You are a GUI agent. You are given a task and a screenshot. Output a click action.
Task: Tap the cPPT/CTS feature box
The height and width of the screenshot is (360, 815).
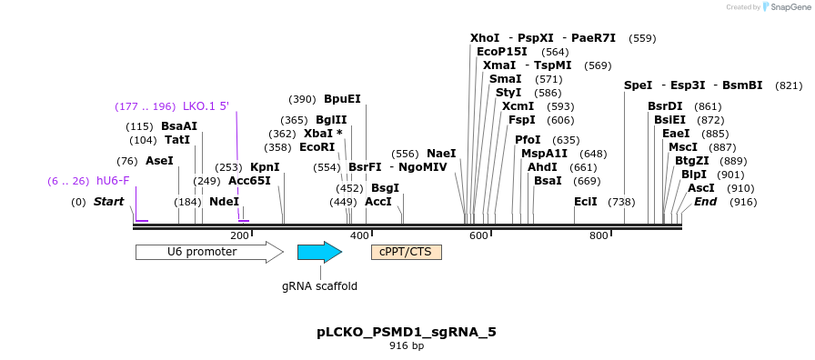pyautogui.click(x=406, y=252)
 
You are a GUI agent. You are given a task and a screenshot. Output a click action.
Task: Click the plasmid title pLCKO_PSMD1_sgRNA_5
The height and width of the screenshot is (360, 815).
pyautogui.click(x=407, y=332)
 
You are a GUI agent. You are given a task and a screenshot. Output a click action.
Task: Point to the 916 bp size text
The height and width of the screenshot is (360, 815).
pyautogui.click(x=407, y=346)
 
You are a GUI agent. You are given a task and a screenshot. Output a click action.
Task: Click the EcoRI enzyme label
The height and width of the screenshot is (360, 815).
pyautogui.click(x=317, y=147)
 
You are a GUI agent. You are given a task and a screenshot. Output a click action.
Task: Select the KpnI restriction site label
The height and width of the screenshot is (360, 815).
pyautogui.click(x=265, y=167)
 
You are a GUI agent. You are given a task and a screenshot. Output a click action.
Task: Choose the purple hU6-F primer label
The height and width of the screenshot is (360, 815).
pyautogui.click(x=113, y=181)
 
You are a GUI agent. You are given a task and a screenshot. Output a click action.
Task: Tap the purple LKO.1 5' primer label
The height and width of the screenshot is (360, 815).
pyautogui.click(x=206, y=106)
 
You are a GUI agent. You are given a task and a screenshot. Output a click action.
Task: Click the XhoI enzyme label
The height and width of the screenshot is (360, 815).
pyautogui.click(x=485, y=38)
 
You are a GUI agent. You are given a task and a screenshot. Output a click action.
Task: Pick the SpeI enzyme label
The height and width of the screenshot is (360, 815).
pyautogui.click(x=638, y=85)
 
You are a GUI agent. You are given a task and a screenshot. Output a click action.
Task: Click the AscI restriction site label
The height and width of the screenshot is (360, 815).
pyautogui.click(x=700, y=188)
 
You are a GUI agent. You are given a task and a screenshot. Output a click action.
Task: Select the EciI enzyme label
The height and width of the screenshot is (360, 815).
pyautogui.click(x=585, y=202)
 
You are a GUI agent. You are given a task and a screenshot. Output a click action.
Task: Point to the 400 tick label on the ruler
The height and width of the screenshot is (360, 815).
pyautogui.click(x=359, y=236)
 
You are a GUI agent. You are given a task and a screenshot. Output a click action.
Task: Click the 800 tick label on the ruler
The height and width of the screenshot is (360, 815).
pyautogui.click(x=599, y=236)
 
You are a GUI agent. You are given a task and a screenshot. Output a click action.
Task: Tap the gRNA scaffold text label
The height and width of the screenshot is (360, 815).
pyautogui.click(x=319, y=286)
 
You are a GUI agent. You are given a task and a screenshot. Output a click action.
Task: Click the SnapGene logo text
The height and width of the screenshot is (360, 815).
pyautogui.click(x=787, y=7)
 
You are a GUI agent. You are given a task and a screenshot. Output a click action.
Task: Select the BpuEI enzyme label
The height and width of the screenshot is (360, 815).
pyautogui.click(x=342, y=99)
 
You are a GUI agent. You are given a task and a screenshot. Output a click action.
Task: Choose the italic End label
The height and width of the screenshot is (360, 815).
pyautogui.click(x=705, y=202)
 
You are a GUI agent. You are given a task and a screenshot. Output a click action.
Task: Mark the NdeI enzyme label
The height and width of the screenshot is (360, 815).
pyautogui.click(x=224, y=202)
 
